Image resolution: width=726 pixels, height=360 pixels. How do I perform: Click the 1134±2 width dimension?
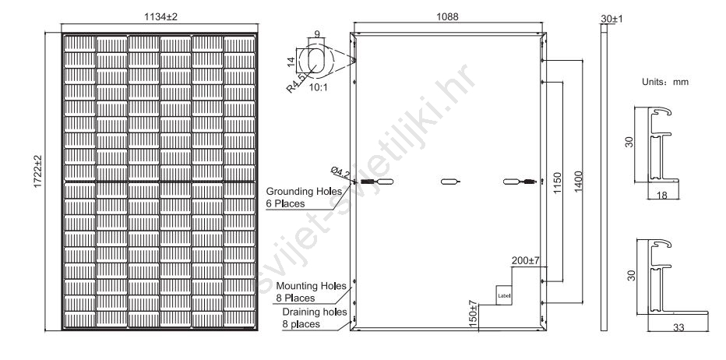pyautogui.click(x=160, y=16)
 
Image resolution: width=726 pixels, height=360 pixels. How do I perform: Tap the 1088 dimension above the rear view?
pyautogui.click(x=447, y=16)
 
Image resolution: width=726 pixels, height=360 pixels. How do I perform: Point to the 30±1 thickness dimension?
pyautogui.click(x=611, y=19)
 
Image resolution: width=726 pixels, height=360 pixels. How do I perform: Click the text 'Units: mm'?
pyautogui.click(x=665, y=82)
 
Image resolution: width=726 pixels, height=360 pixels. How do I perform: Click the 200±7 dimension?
pyautogui.click(x=526, y=260)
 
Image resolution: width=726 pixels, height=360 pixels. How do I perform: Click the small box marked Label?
pyautogui.click(x=504, y=295)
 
